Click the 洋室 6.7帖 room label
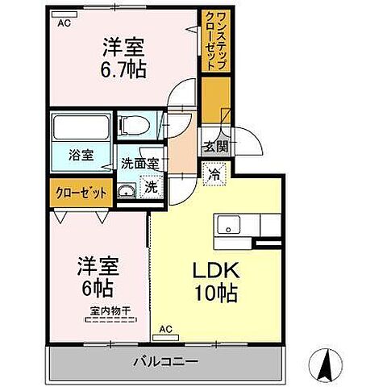tap(123, 57)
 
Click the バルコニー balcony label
tap(167, 360)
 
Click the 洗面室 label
tap(139, 161)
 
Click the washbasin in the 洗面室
tap(127, 191)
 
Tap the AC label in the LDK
tap(165, 329)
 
